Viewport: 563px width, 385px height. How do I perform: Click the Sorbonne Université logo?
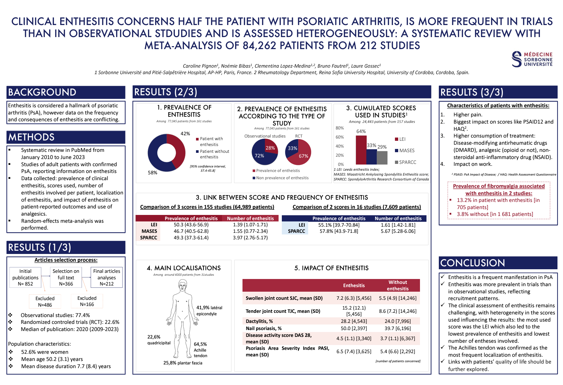pos(532,59)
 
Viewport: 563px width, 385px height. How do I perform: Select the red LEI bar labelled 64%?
pos(361,150)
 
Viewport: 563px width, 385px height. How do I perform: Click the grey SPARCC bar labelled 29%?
pos(382,158)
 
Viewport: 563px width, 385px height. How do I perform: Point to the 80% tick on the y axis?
pos(340,128)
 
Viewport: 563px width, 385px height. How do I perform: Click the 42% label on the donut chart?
pos(185,134)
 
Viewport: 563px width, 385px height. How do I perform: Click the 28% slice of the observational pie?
pos(270,147)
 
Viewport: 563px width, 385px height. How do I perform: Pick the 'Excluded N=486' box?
pos(45,301)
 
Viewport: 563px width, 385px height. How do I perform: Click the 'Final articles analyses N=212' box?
pos(107,277)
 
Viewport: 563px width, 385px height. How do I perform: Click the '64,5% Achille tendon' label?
pos(200,350)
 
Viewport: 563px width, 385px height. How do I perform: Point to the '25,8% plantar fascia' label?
pos(183,363)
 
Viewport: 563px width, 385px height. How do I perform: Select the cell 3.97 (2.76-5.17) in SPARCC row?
pos(250,238)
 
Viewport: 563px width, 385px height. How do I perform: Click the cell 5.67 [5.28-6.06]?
pos(398,231)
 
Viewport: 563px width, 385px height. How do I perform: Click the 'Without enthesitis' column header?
pos(398,285)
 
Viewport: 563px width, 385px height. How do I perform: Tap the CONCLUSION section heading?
pos(473,263)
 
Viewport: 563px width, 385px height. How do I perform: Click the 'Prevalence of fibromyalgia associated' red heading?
pos(499,186)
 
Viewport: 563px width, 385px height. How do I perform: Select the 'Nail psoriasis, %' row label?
pos(264,328)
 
